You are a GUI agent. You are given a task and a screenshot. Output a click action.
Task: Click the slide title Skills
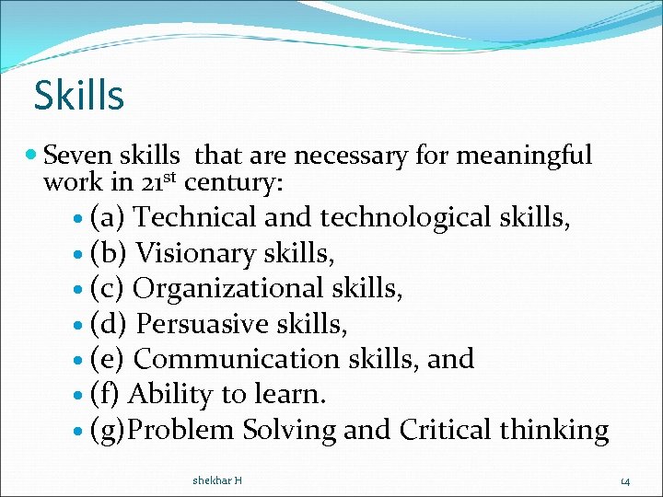pyautogui.click(x=78, y=95)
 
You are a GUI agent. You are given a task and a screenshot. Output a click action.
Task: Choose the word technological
pyautogui.click(x=405, y=218)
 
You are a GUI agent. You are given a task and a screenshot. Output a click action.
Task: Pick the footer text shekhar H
pyautogui.click(x=217, y=480)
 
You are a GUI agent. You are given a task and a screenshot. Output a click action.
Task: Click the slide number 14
pyautogui.click(x=625, y=481)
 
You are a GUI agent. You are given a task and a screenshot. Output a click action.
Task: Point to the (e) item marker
pyautogui.click(x=108, y=359)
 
